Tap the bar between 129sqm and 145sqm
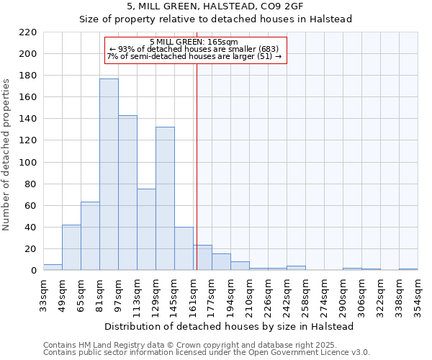click(x=165, y=199)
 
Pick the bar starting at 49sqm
click(x=71, y=248)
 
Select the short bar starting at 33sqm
click(x=53, y=267)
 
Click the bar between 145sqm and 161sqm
click(x=184, y=249)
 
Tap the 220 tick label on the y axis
click(x=28, y=32)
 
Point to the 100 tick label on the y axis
click(x=28, y=163)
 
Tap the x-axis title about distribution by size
click(x=230, y=326)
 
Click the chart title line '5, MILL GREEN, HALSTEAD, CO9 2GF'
click(x=215, y=6)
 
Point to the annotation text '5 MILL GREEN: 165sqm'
click(x=194, y=42)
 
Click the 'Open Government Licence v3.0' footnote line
click(x=207, y=353)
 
